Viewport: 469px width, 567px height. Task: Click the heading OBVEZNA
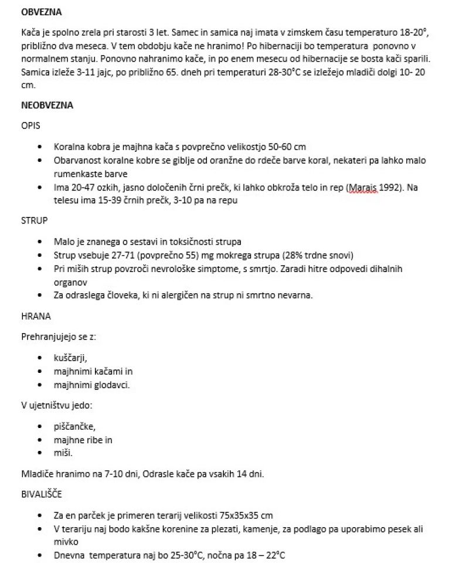[x=41, y=12]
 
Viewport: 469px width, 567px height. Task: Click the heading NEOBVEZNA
[x=47, y=106]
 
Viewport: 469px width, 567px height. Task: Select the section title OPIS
[x=30, y=126]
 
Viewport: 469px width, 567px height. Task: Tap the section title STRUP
[x=34, y=221]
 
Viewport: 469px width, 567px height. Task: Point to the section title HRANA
[x=36, y=316]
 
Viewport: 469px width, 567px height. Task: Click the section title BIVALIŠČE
[x=41, y=494]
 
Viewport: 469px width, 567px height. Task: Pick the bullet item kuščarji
[x=70, y=357]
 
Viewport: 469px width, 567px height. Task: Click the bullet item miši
[x=63, y=453]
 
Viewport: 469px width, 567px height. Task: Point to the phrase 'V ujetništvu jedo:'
[x=57, y=405]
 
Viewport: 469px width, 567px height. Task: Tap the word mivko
[x=66, y=542]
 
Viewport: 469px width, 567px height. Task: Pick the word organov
[x=70, y=281]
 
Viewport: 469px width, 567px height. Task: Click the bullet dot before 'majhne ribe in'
[x=40, y=440]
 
